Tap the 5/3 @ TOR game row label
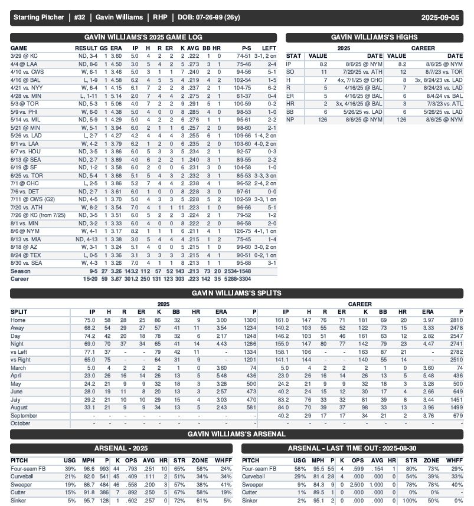coord(22,103)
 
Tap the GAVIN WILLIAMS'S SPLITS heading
coord(236,293)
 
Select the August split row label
coord(21,407)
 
